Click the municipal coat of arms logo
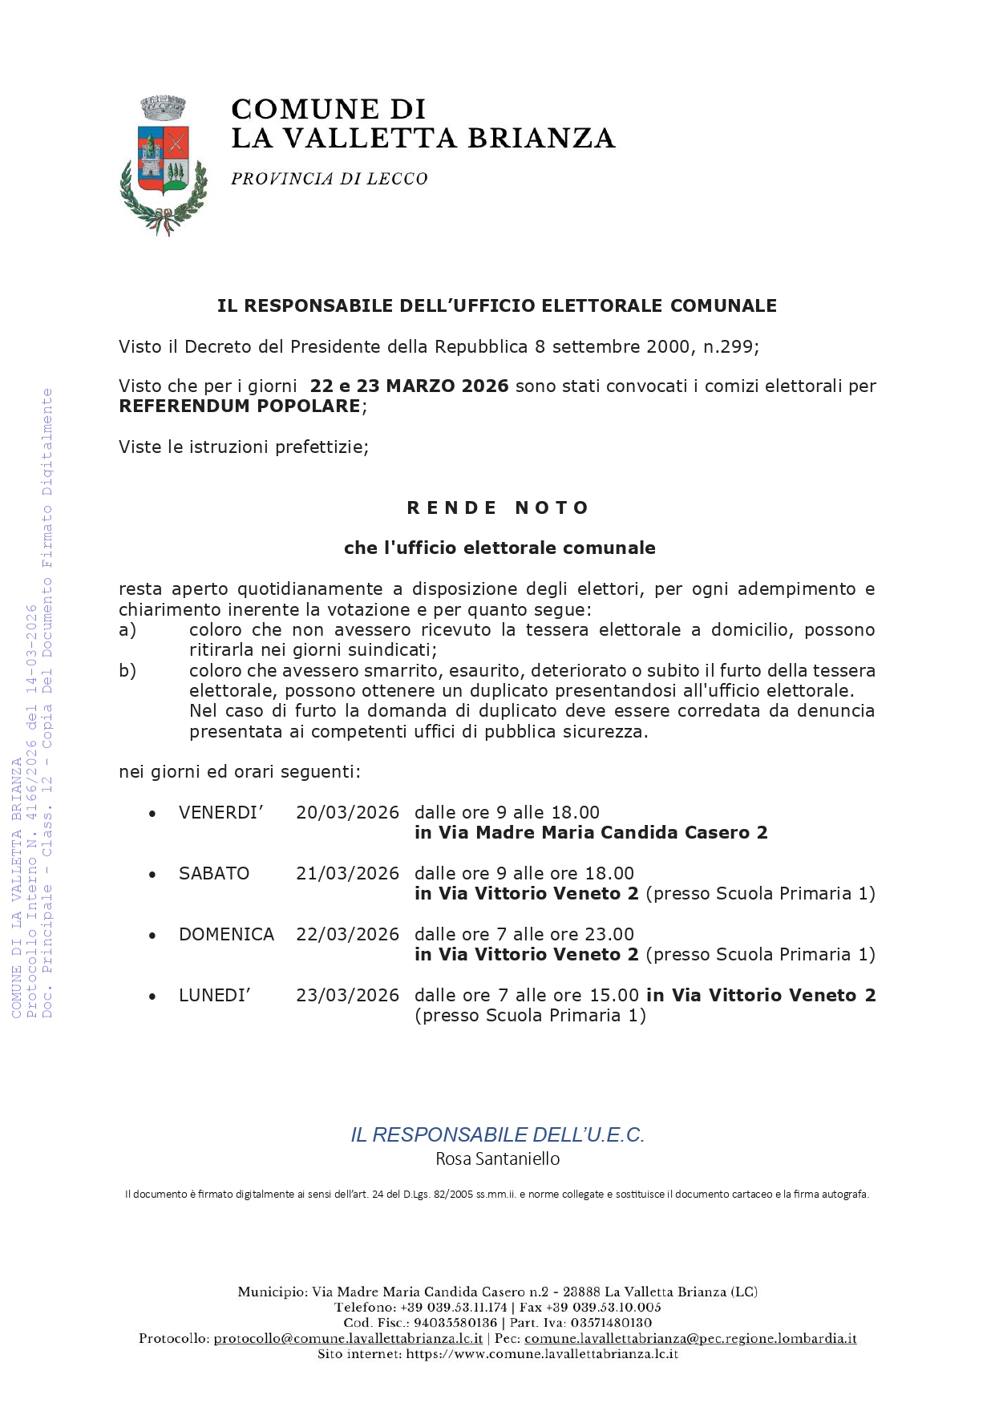[164, 165]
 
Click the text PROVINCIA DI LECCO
[329, 179]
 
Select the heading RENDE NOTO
[497, 507]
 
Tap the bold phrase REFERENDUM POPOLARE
[239, 406]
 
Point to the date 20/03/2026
[347, 813]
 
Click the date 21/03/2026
[347, 874]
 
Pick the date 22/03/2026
[347, 935]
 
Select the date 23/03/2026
[347, 996]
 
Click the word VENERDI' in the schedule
[220, 813]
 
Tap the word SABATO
[214, 874]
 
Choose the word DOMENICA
[226, 935]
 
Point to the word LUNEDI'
[214, 996]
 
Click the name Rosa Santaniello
[497, 1159]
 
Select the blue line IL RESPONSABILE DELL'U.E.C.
[497, 1135]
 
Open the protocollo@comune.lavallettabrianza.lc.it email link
[348, 1339]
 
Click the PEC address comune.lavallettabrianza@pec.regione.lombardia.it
[690, 1339]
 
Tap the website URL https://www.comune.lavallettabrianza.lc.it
[542, 1354]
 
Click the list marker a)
[127, 630]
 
